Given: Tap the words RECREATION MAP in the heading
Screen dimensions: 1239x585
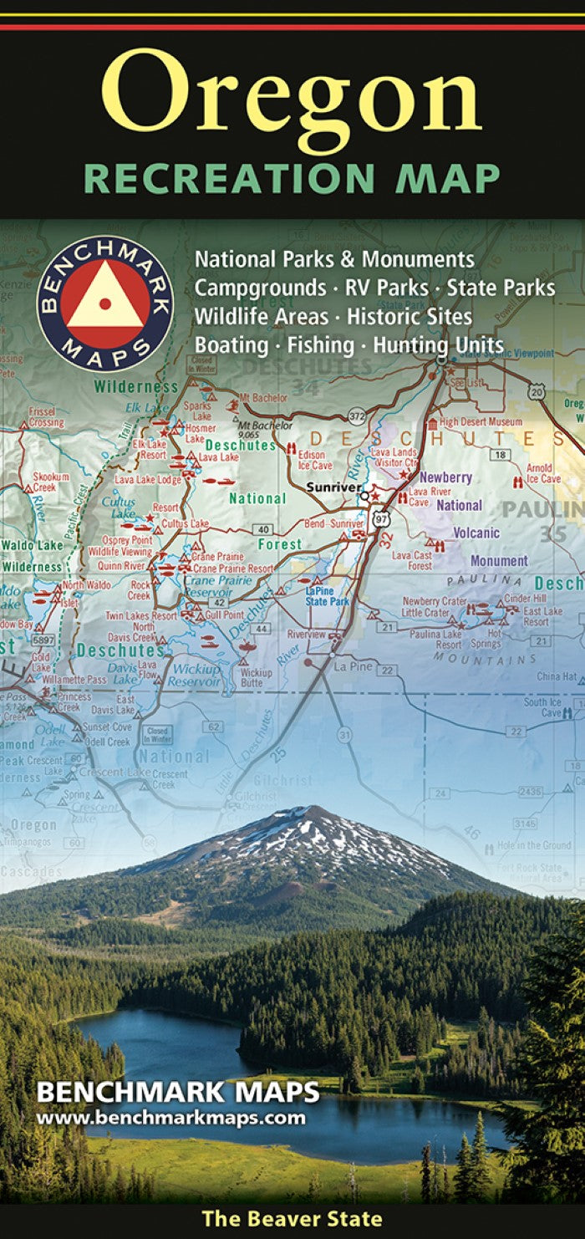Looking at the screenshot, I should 292,179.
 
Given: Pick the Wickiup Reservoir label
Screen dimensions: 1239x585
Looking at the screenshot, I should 196,676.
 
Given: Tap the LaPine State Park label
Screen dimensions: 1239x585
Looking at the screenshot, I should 326,596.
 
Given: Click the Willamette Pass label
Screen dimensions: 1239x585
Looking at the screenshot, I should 74,680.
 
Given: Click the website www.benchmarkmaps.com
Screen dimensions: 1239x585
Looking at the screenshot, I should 170,1118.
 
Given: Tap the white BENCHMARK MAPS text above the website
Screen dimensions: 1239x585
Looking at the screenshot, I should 177,1093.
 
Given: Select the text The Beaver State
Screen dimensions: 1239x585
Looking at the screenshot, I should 292,1219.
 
